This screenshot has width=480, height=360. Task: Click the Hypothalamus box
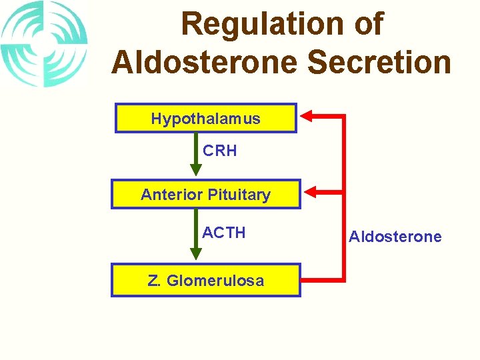pos(205,119)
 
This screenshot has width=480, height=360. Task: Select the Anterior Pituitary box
pos(205,195)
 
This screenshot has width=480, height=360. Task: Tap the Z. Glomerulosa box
pos(205,280)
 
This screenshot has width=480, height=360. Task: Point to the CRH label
pos(220,151)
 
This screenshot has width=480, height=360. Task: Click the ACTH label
pos(224,233)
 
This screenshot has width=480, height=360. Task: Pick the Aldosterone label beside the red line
pos(395,237)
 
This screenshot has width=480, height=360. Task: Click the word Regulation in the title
pos(257,25)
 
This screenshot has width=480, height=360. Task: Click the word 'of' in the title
pos(368,25)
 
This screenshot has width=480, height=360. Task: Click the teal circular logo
pos(44,44)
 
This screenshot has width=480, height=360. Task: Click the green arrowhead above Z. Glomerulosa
pos(195,254)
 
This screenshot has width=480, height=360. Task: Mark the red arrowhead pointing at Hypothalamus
pos(307,117)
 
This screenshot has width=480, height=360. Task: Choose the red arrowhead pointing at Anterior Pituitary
pos(311,193)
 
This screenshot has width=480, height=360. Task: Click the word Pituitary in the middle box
pos(239,195)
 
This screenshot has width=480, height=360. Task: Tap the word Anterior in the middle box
pos(172,195)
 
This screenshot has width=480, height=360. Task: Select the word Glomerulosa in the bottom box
pos(215,281)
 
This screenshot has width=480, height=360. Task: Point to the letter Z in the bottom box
pos(153,281)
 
